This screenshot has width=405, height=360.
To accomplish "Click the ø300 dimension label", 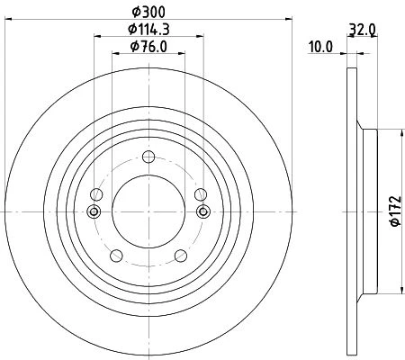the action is [x=148, y=12].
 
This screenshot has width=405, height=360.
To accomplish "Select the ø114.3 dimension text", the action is [x=148, y=29].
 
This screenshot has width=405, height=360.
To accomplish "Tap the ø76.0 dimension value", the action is [x=148, y=47].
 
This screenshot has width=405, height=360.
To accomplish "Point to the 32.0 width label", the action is [x=363, y=30].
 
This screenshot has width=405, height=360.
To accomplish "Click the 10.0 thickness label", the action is [x=320, y=47].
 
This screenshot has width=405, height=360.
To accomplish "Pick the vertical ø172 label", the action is [x=395, y=211].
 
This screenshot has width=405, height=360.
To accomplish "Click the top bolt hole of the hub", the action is [x=148, y=157].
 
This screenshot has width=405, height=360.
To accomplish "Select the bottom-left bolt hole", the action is [x=116, y=256].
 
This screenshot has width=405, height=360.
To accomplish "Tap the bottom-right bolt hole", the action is [x=181, y=256].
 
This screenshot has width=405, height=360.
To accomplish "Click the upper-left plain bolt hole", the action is [x=96, y=194].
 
